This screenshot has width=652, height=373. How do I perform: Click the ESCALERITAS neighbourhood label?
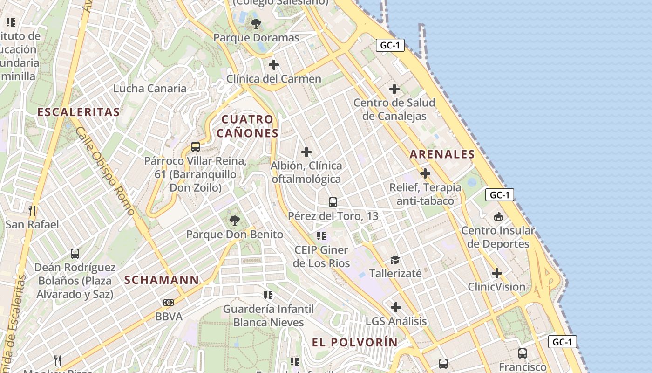[x=78, y=112]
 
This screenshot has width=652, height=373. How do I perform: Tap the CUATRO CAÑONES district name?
[x=247, y=126]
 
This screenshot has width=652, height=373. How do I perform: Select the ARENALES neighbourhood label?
[x=442, y=154]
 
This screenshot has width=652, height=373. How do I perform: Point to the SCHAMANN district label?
[x=162, y=280]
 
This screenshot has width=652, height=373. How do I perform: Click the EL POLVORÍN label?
[x=355, y=342]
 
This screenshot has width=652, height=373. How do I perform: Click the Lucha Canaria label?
[x=150, y=88]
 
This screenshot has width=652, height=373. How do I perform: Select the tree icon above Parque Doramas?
[x=256, y=23]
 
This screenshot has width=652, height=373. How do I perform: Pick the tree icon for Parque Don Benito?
[x=234, y=220]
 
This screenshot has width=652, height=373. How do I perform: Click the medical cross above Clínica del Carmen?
[x=274, y=64]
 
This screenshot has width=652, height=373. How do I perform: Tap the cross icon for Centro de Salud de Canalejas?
[x=394, y=89]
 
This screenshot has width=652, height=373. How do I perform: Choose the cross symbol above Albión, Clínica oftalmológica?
[x=306, y=152]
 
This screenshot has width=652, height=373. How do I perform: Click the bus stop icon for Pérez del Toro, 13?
[x=333, y=202]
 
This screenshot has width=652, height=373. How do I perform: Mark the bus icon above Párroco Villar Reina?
[x=196, y=147]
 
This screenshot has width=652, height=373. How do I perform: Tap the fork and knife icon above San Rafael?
[x=32, y=211]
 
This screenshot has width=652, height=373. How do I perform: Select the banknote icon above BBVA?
[x=169, y=303]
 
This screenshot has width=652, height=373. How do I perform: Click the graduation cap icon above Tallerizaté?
[x=395, y=260]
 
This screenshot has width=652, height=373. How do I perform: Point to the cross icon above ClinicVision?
[x=497, y=273]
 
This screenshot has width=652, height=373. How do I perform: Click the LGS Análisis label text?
[x=396, y=321]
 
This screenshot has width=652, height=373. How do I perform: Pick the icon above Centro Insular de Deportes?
[x=498, y=217]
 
